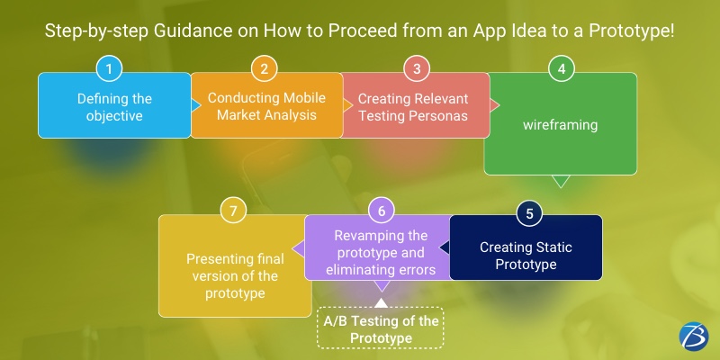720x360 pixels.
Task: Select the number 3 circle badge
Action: pyautogui.click(x=415, y=69)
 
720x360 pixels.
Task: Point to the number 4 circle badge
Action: pyautogui.click(x=562, y=69)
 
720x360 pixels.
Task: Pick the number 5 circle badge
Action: pyautogui.click(x=529, y=213)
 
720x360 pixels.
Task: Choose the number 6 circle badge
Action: pyautogui.click(x=382, y=211)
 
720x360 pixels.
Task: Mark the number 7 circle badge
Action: pyautogui.click(x=234, y=211)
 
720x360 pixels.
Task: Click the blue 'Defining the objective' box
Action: pyautogui.click(x=114, y=105)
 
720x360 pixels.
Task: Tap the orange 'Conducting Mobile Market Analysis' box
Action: pyautogui.click(x=267, y=105)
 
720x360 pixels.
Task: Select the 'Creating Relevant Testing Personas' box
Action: pyautogui.click(x=417, y=105)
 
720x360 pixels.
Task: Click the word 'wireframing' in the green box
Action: pyautogui.click(x=560, y=125)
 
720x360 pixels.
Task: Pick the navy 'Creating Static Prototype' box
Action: pyautogui.click(x=526, y=256)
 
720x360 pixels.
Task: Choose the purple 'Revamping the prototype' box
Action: pyautogui.click(x=381, y=252)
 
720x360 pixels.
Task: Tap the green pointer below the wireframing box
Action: pyautogui.click(x=560, y=181)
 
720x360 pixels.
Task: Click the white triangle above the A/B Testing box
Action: pyautogui.click(x=381, y=301)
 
